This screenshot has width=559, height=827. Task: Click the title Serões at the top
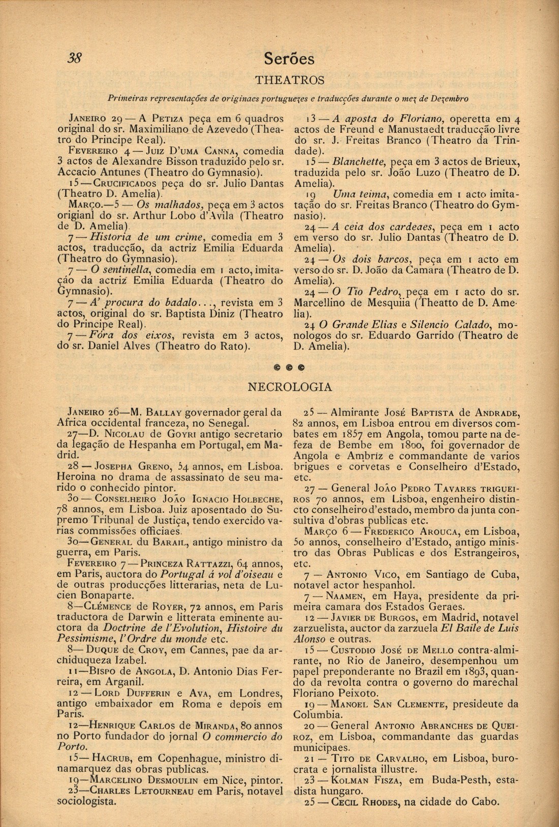[x=289, y=59]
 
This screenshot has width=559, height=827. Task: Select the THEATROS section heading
[x=289, y=80]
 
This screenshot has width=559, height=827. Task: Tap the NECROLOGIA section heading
[x=289, y=387]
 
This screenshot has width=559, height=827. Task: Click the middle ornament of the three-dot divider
[x=290, y=366]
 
